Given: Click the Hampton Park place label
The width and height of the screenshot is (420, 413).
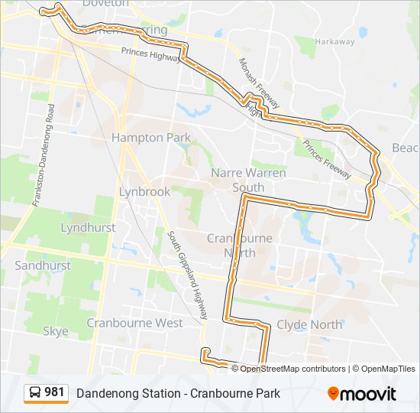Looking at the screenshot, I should pyautogui.click(x=150, y=138).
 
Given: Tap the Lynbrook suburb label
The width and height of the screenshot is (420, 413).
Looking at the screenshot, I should pyautogui.click(x=144, y=192).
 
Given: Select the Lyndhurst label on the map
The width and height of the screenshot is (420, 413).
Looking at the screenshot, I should pyautogui.click(x=88, y=228).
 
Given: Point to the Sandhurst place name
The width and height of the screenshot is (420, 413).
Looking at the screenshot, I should pyautogui.click(x=43, y=265).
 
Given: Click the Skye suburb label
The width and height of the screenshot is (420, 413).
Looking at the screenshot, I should pyautogui.click(x=56, y=331).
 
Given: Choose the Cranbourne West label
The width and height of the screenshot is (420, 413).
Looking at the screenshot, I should pyautogui.click(x=134, y=323).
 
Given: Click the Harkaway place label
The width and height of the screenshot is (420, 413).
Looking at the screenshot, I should pyautogui.click(x=335, y=41).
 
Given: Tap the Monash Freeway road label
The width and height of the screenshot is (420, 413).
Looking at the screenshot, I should pyautogui.click(x=260, y=83).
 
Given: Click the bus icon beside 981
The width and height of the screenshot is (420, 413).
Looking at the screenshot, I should pyautogui.click(x=35, y=393).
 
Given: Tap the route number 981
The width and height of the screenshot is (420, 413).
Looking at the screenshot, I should pyautogui.click(x=54, y=393).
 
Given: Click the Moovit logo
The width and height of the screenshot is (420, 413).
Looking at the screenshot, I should pyautogui.click(x=362, y=394).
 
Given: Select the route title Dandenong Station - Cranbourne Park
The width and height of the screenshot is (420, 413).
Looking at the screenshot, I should pyautogui.click(x=178, y=394).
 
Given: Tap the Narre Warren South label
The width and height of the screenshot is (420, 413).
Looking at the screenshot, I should pyautogui.click(x=248, y=180).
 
